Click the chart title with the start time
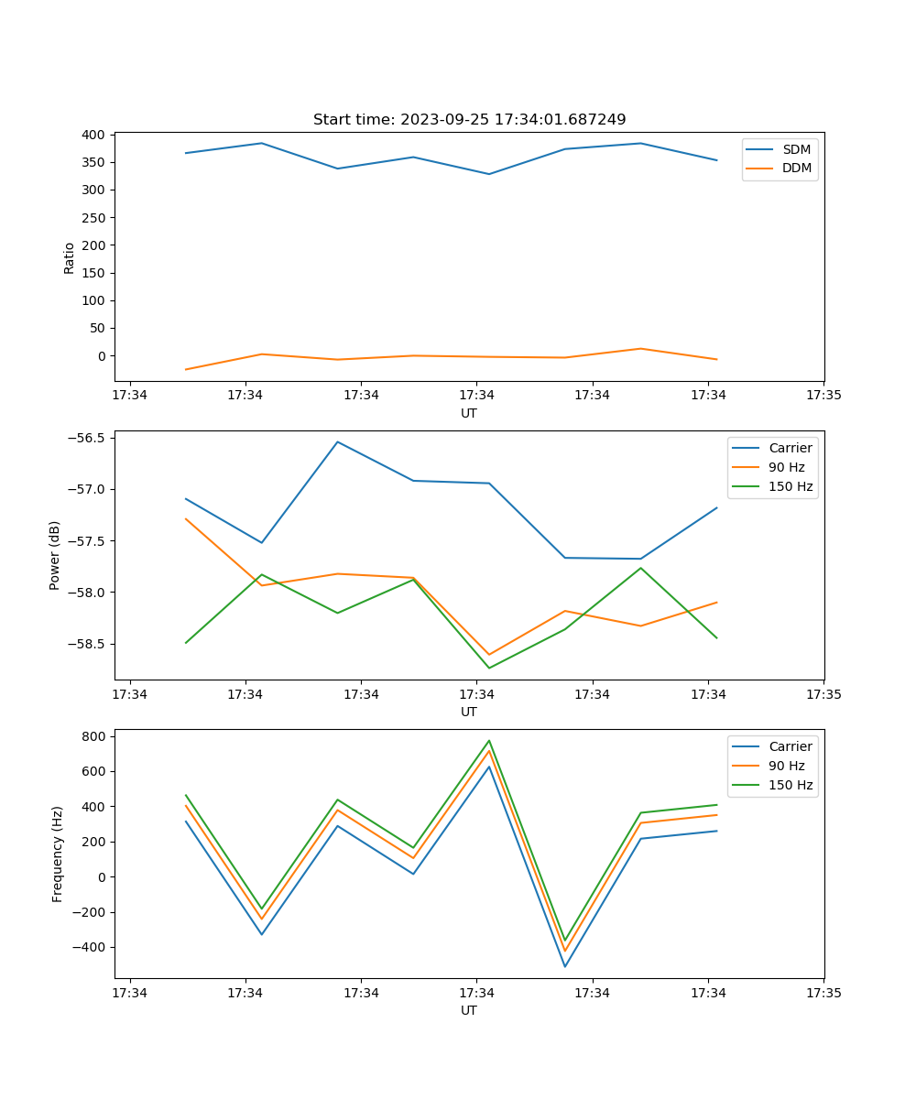[469, 120]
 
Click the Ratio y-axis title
[70, 257]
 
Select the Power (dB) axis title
[55, 555]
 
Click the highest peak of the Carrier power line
[337, 441]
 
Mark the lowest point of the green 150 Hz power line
[489, 668]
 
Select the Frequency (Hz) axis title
[58, 854]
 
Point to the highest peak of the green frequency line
[489, 741]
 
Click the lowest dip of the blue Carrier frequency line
[565, 966]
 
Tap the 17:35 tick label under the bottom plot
[823, 993]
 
